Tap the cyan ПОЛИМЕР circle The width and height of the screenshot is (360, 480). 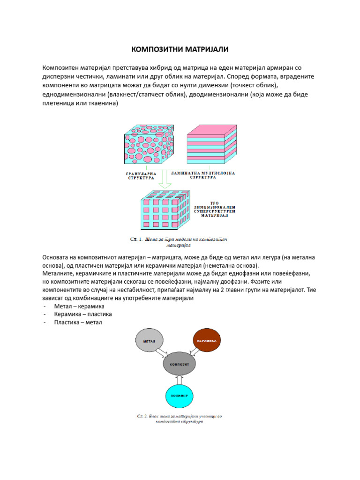179,396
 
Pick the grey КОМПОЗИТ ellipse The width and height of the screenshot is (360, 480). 179,364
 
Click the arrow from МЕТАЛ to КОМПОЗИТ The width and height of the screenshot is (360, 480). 162,352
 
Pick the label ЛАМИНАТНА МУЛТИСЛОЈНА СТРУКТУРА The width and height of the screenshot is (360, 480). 204,175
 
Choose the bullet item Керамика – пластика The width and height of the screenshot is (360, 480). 82,314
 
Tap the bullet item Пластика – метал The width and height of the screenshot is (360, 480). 77,322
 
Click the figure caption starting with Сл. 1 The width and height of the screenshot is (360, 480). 179,242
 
